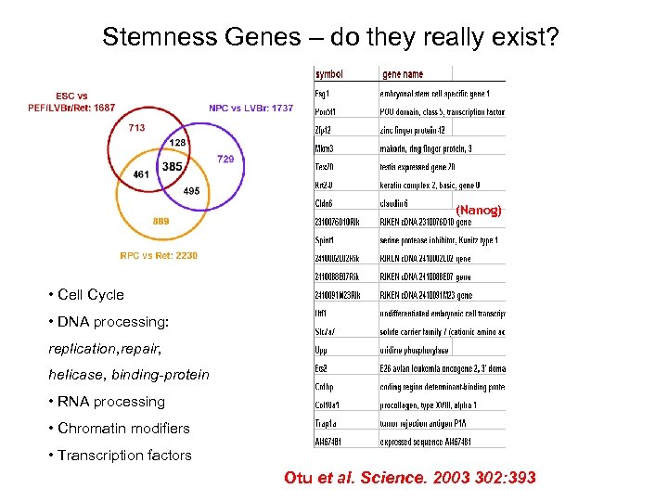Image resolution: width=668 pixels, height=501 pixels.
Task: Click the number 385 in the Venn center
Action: (x=172, y=166)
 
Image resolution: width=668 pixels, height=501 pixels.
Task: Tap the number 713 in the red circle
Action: (x=136, y=127)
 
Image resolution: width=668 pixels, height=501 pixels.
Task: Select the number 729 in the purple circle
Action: (x=225, y=160)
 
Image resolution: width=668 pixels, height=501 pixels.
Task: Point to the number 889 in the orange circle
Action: (x=161, y=221)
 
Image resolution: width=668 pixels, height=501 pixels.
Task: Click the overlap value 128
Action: (x=178, y=143)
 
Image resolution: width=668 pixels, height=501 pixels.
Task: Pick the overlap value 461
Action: (x=141, y=173)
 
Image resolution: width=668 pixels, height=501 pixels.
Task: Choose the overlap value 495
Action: (x=191, y=190)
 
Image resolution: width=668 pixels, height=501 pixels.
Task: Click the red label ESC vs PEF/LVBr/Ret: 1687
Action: (x=71, y=102)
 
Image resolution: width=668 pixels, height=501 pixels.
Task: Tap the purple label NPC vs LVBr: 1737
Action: (x=250, y=109)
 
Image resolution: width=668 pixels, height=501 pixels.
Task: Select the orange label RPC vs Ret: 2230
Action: (x=159, y=255)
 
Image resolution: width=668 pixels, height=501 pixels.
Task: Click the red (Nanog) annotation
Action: (x=479, y=211)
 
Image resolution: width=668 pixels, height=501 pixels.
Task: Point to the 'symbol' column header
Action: (x=329, y=73)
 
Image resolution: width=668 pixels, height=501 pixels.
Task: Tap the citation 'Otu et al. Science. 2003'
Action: (x=409, y=478)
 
